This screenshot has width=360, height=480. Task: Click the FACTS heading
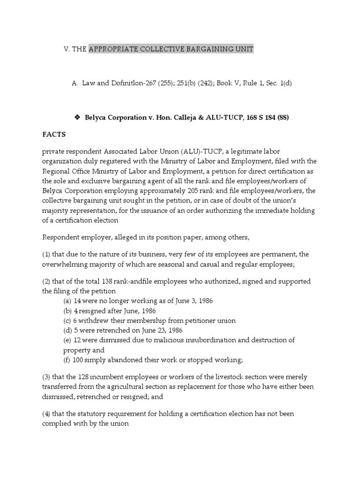click(54, 135)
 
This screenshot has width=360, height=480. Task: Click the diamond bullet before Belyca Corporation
click(77, 118)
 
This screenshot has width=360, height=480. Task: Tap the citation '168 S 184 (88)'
click(265, 118)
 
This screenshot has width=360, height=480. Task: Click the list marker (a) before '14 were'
click(67, 300)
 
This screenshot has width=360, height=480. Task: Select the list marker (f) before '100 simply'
click(67, 360)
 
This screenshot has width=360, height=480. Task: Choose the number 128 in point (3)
click(87, 377)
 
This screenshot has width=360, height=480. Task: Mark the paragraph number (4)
click(47, 414)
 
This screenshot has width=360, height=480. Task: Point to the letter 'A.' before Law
click(75, 83)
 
